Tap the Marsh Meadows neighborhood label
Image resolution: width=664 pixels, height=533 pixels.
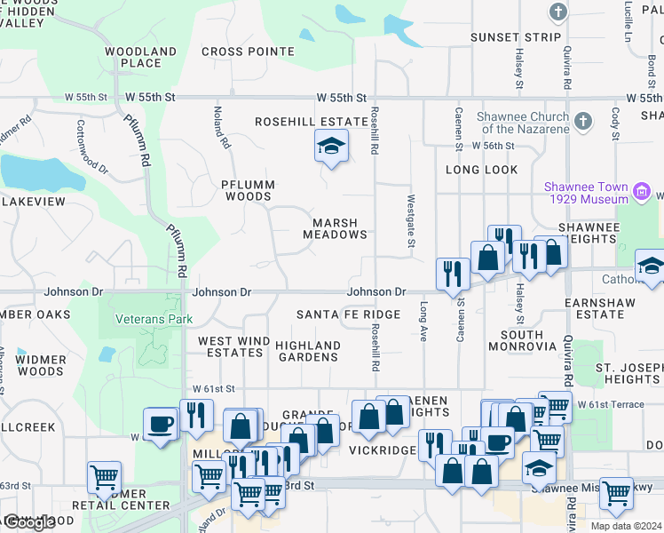[336, 229]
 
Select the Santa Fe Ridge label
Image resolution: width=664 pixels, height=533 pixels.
[348, 314]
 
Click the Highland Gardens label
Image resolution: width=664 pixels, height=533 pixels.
[307, 351]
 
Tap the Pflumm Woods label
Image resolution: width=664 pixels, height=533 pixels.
[249, 190]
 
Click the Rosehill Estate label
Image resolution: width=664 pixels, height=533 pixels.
[311, 122]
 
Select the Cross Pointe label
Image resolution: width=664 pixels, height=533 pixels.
[235, 52]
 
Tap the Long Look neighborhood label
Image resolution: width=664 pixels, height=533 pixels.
[481, 169]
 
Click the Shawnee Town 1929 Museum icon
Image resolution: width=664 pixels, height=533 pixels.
[642, 191]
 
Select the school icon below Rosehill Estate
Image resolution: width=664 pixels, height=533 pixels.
[330, 147]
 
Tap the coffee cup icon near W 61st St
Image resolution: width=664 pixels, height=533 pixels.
[161, 423]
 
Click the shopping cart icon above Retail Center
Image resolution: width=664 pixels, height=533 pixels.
[103, 477]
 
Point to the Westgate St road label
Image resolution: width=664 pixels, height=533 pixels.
[412, 221]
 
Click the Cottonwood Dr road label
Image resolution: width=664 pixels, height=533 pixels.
[91, 147]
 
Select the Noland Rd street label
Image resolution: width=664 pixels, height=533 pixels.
[222, 127]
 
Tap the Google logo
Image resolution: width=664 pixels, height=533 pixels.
[28, 522]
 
